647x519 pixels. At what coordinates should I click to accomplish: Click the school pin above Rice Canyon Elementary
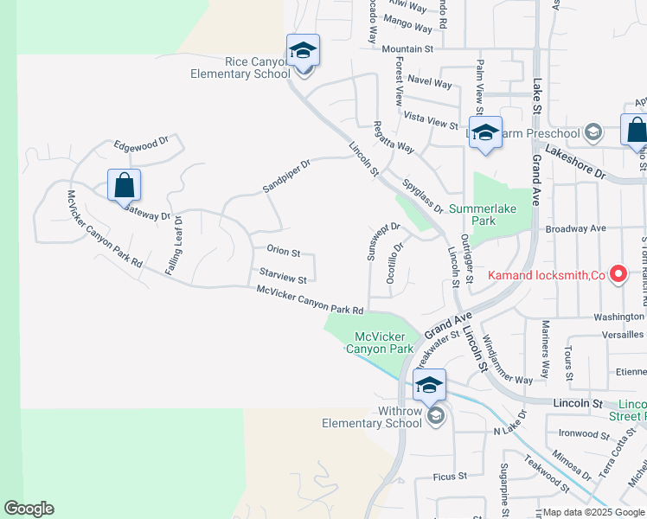tap(303, 51)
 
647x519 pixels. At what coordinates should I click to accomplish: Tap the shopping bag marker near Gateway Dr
tap(124, 186)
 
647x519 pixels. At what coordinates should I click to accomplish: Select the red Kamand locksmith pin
tap(618, 274)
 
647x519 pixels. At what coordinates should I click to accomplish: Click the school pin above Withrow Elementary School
tap(429, 386)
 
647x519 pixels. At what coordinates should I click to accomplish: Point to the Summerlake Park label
tap(484, 215)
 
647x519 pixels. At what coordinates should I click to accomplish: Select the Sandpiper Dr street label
tap(286, 175)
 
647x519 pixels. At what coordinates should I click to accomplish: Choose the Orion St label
tap(283, 253)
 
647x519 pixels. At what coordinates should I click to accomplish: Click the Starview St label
tap(283, 277)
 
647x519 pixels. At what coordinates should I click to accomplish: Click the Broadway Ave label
tap(576, 228)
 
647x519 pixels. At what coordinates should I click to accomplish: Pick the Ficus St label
tap(450, 476)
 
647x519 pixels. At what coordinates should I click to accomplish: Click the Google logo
tap(29, 509)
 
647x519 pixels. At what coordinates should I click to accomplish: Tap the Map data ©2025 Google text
tap(594, 512)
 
